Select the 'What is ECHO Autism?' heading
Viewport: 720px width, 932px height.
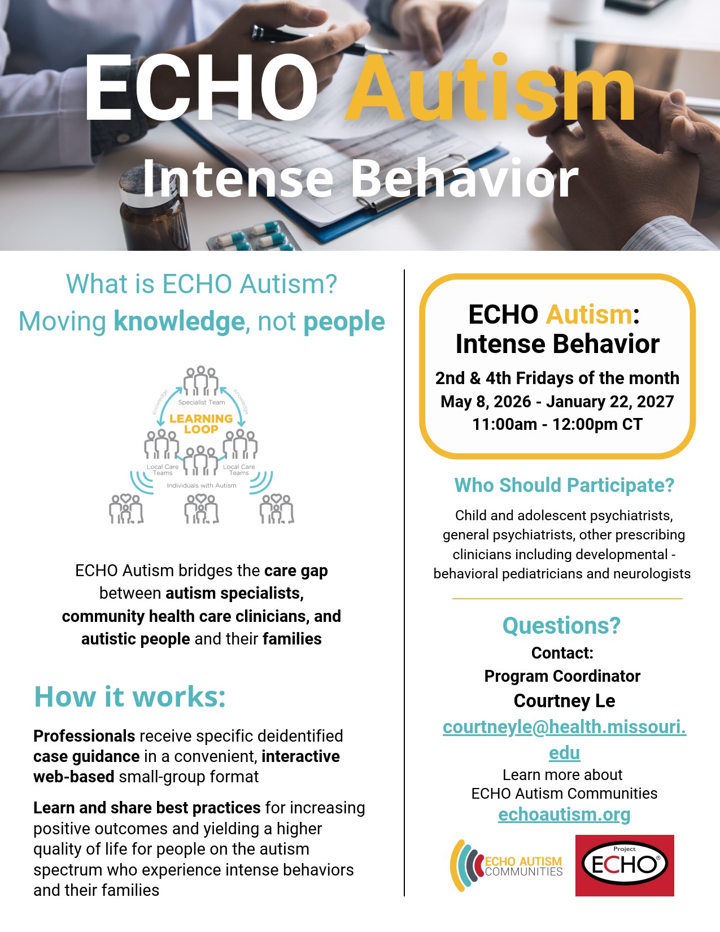tap(202, 284)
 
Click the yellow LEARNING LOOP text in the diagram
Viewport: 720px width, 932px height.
tap(201, 424)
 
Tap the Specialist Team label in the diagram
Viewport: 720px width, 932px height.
tap(202, 402)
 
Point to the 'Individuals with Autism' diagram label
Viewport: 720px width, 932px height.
tap(202, 486)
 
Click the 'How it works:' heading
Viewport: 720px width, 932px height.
tap(130, 696)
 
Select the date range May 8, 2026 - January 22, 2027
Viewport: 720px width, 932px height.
tap(557, 402)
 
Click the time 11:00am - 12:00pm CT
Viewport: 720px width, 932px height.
tap(557, 424)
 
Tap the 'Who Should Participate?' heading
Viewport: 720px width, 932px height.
tap(564, 486)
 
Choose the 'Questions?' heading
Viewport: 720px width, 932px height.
tap(561, 625)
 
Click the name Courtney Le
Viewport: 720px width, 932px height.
tap(564, 701)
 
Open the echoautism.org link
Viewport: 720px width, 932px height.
tap(564, 814)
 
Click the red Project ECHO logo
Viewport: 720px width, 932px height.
tap(625, 865)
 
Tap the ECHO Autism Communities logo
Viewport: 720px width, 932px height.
tap(507, 865)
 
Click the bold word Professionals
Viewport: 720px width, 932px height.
tap(85, 736)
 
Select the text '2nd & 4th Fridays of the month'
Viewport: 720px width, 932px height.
tap(557, 378)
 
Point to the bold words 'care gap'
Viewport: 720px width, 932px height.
tap(296, 571)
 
